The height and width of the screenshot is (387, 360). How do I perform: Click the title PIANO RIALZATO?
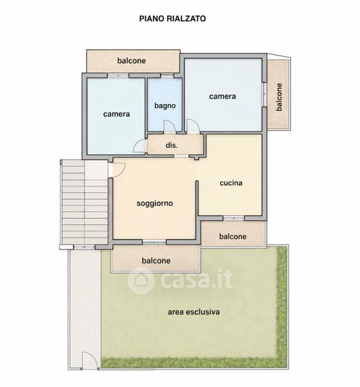click(172, 19)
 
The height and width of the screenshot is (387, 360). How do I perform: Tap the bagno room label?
click(165, 106)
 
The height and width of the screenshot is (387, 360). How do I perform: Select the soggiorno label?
click(155, 203)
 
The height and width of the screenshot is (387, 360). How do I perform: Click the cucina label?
click(231, 183)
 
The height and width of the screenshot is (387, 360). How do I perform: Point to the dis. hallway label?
click(172, 145)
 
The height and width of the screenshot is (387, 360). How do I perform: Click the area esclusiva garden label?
click(194, 312)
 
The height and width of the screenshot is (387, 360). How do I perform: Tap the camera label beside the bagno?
click(116, 114)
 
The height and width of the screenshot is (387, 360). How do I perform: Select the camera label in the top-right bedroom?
click(223, 96)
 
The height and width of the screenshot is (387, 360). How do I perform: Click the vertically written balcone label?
click(279, 97)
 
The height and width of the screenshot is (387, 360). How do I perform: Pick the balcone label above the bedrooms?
click(132, 61)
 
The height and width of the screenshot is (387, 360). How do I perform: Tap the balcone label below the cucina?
click(233, 237)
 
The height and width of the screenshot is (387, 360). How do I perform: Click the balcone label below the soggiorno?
click(156, 261)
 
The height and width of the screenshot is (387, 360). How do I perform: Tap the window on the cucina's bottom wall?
click(234, 218)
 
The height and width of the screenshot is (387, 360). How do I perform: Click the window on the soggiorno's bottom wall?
click(154, 242)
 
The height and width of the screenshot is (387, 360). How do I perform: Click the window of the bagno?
click(167, 75)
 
